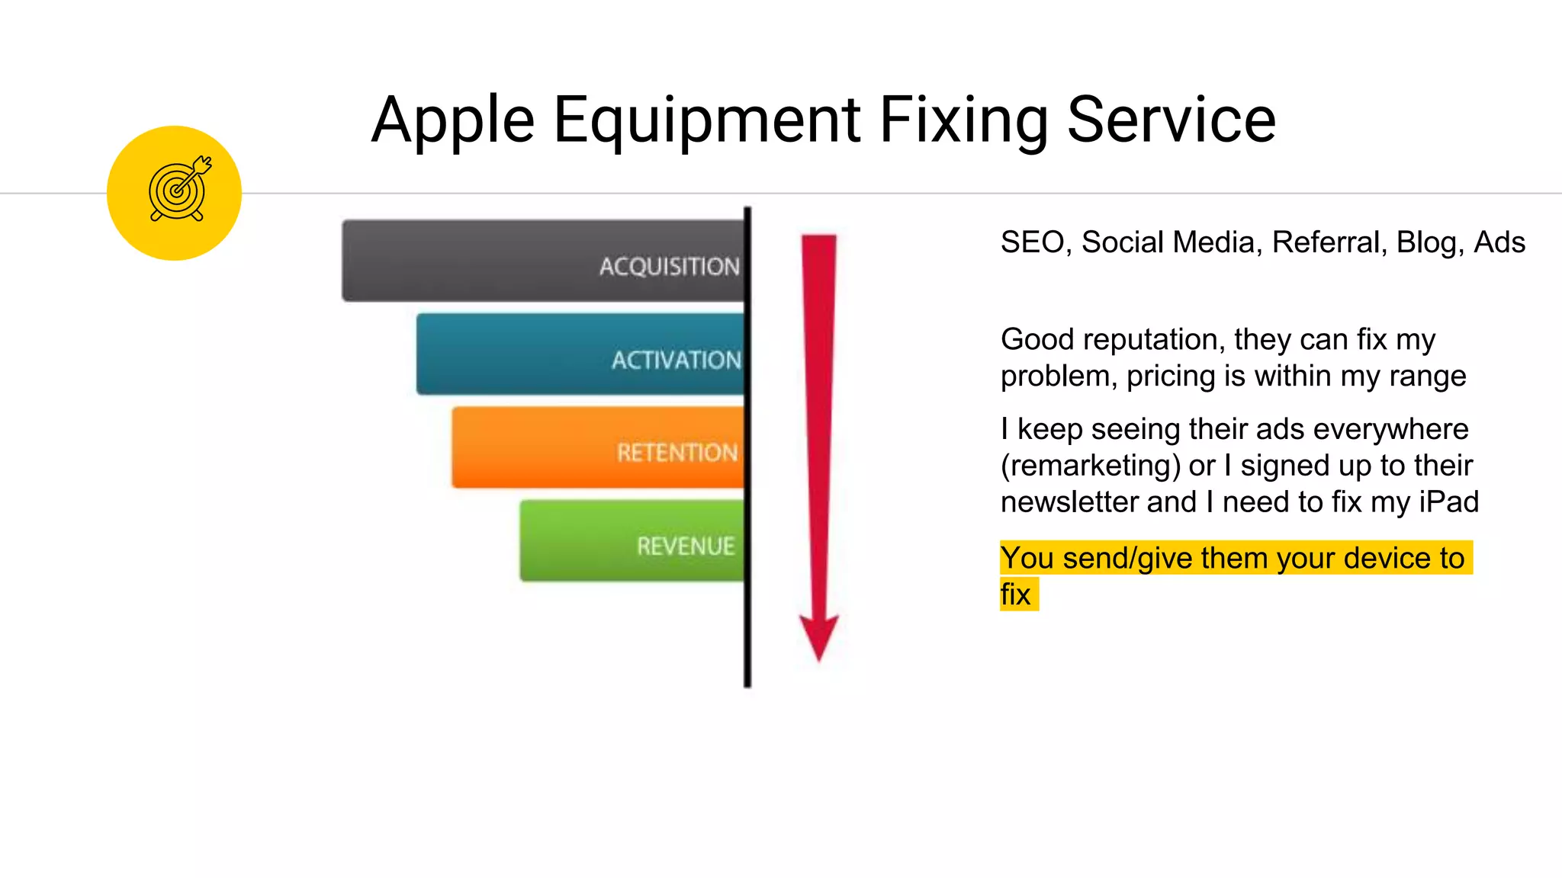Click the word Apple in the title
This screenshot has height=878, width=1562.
pos(453,120)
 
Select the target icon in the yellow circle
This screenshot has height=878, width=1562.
pos(178,191)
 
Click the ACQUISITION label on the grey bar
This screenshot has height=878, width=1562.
pos(669,266)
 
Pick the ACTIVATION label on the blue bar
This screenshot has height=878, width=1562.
pos(676,360)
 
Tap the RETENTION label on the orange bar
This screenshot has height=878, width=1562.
pos(677,453)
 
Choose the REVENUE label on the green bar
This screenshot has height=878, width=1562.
pos(686,546)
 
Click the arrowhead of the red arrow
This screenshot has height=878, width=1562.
pos(819,636)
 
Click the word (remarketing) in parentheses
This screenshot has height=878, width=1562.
pos(1090,466)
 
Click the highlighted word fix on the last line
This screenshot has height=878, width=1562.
pos(1015,594)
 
